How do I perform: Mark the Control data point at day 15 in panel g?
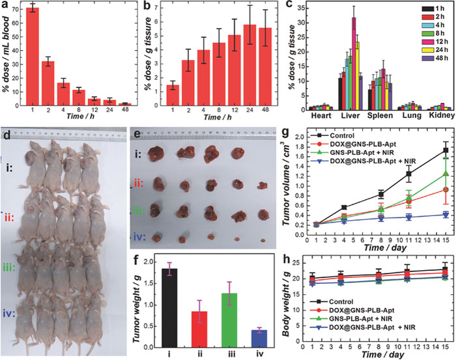pyautogui.click(x=445, y=150)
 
